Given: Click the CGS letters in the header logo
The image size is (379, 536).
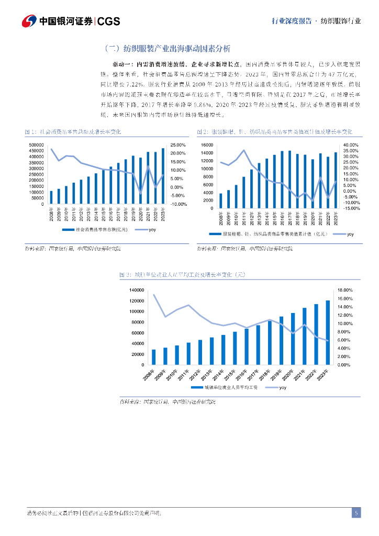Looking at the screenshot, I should coord(109,21).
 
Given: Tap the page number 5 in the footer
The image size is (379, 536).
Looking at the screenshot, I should coord(356,513).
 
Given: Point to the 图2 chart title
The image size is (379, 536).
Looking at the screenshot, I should coord(274,131).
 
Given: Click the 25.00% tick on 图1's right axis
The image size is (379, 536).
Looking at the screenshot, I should coord(179,144).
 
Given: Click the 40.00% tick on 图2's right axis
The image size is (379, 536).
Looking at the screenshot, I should coord(350,144).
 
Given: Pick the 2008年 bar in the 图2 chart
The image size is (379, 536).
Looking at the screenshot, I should coord(220,201).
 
